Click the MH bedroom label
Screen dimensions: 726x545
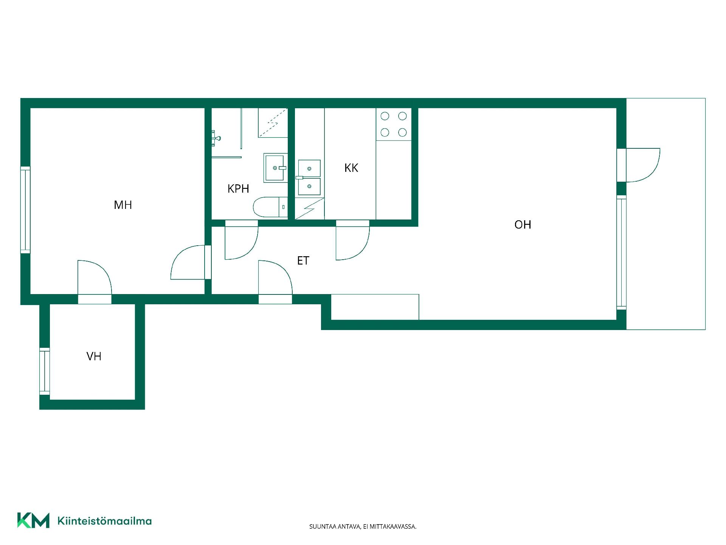123,205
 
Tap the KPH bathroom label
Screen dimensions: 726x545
238,188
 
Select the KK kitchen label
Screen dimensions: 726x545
351,168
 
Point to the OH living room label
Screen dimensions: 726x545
523,224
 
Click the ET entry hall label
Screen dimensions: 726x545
303,260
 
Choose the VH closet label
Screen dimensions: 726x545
94,356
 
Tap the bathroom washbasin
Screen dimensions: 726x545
276,168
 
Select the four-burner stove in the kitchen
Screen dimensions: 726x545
394,124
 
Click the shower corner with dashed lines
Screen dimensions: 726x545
273,123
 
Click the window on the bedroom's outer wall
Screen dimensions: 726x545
25,210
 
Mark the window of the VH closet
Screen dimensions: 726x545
45,371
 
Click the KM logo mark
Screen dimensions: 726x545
33,520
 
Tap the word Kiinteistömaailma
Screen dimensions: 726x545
104,521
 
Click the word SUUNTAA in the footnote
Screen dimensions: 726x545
321,526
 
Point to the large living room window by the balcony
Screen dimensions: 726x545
621,252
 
